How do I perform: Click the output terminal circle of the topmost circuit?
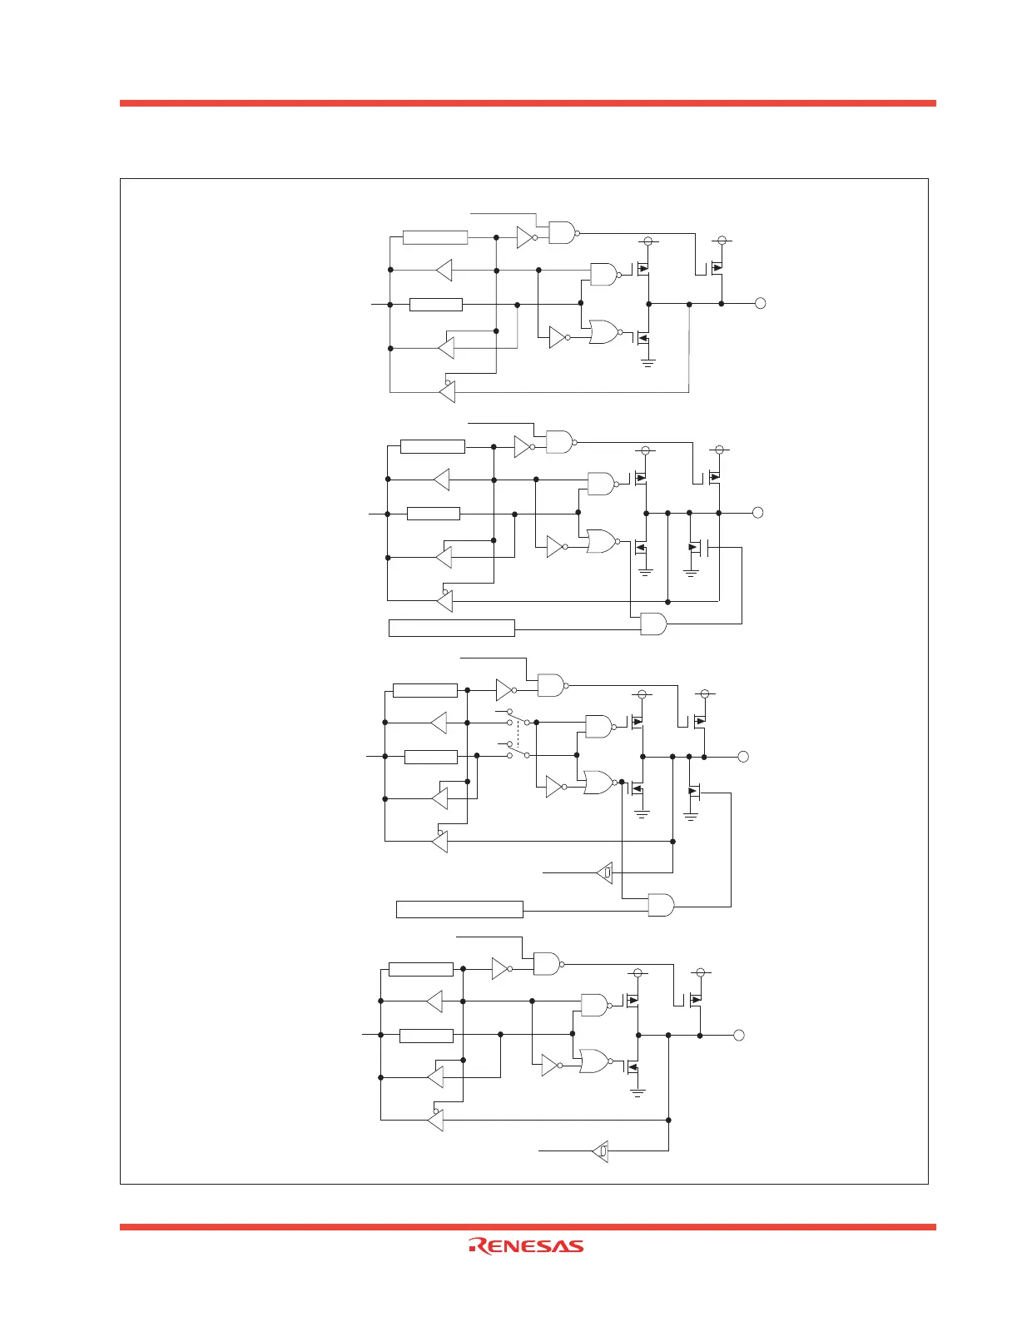(x=760, y=304)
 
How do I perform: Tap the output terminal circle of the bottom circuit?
(x=737, y=1035)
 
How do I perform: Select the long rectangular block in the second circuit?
(x=452, y=628)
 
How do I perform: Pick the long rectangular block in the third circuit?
(x=459, y=909)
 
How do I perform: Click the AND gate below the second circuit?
(x=653, y=624)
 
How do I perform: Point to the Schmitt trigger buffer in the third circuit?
(x=605, y=872)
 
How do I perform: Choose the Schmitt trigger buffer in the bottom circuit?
(x=601, y=1151)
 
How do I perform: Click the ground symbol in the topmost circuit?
(x=647, y=362)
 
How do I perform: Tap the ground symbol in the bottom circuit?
(x=637, y=1092)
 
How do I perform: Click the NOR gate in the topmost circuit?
(x=604, y=332)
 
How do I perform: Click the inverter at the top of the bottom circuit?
(x=501, y=968)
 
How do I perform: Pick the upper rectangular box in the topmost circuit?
(x=435, y=237)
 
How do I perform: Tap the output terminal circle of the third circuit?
(x=743, y=757)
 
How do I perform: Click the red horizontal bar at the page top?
(x=528, y=103)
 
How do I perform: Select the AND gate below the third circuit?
(x=661, y=905)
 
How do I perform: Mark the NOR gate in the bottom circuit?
(x=595, y=1061)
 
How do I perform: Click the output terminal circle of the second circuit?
(x=758, y=512)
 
